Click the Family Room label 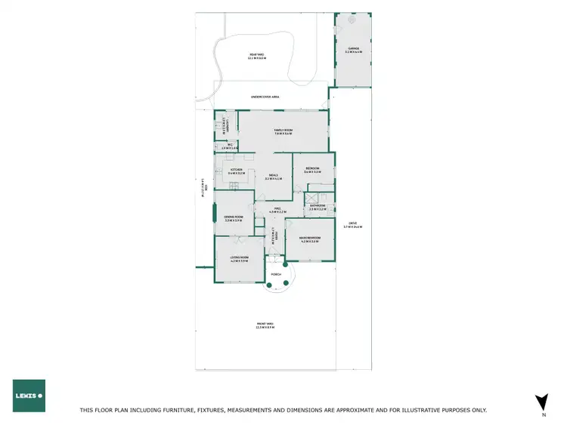tap(283, 131)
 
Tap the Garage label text tap(353, 51)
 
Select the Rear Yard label tap(258, 56)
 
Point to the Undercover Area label tap(265, 97)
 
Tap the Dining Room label tap(233, 219)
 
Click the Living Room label tap(239, 259)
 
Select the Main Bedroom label tap(311, 240)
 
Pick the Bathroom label tap(318, 206)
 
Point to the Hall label tap(278, 211)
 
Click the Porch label tap(276, 274)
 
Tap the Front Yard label tap(265, 326)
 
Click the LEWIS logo tap(29, 396)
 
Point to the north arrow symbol tap(541, 402)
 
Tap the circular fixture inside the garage tap(352, 22)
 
